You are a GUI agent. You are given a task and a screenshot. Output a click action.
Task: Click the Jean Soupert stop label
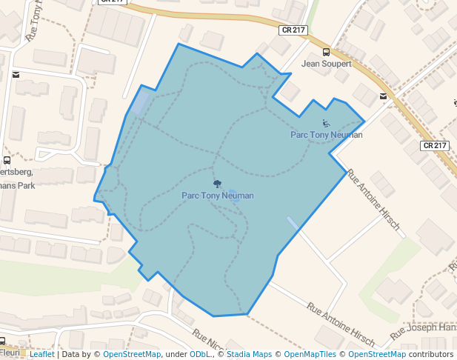(x=326, y=64)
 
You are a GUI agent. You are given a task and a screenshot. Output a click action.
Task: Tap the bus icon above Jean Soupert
(x=326, y=52)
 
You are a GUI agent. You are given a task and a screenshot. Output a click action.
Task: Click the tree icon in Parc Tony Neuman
(x=217, y=184)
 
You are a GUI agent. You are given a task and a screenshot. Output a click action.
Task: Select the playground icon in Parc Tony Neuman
(x=326, y=124)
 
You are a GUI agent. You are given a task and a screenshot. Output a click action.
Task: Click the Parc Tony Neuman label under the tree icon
(x=218, y=196)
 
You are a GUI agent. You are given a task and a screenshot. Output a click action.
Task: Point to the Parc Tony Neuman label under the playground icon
(x=326, y=135)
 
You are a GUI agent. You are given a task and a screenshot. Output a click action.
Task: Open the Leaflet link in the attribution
(x=41, y=354)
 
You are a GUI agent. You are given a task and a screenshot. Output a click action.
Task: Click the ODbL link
(x=200, y=354)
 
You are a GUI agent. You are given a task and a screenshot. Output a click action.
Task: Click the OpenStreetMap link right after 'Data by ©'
(x=132, y=354)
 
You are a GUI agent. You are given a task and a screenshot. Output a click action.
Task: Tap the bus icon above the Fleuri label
(x=2, y=341)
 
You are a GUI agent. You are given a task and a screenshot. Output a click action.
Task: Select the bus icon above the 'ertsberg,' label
(x=7, y=160)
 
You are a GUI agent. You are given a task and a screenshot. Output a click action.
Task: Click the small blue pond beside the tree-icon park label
(x=234, y=196)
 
